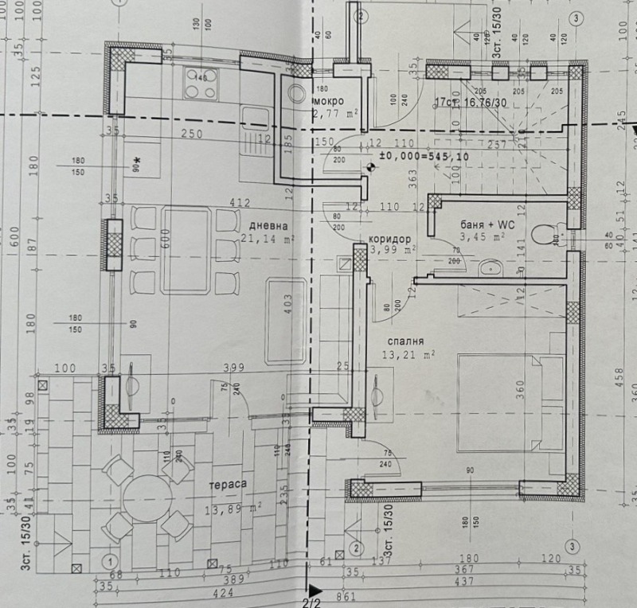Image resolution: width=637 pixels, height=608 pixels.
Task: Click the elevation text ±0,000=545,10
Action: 424,157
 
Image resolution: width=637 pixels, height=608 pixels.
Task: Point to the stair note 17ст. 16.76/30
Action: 471,102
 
